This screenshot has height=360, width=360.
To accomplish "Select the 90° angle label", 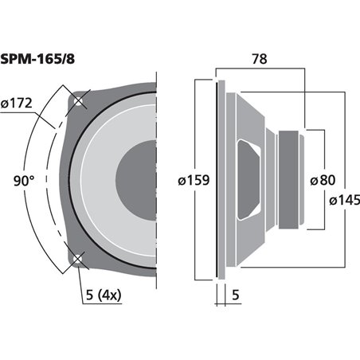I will (24, 181).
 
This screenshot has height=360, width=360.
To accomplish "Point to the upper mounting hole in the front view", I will (78, 101).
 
